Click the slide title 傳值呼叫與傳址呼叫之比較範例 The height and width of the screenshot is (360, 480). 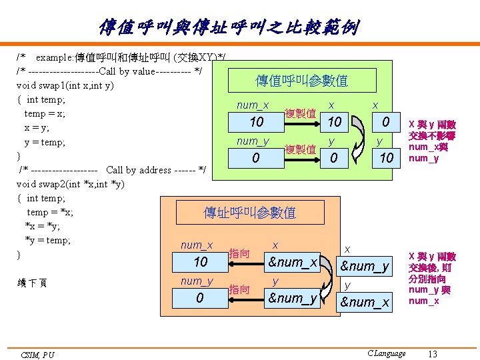click(x=229, y=27)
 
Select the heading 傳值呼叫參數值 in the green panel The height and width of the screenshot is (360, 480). click(x=302, y=81)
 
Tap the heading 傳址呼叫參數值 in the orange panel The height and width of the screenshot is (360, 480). click(x=249, y=213)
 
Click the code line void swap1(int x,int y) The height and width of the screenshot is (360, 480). click(x=65, y=85)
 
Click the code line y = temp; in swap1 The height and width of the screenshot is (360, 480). click(x=45, y=142)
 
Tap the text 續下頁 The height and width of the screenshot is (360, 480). click(x=33, y=283)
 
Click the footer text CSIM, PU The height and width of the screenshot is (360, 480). click(x=37, y=355)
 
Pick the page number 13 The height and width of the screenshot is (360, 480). click(x=433, y=353)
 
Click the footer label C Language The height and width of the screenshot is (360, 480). click(x=387, y=353)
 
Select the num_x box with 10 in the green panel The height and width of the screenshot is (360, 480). click(x=257, y=122)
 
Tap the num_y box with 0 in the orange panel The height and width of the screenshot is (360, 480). click(x=200, y=297)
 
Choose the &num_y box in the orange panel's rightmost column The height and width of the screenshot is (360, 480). click(x=365, y=267)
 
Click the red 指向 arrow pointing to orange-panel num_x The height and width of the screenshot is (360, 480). click(x=240, y=262)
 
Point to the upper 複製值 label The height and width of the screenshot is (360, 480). click(x=300, y=113)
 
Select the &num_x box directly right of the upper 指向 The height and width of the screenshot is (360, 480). click(x=292, y=262)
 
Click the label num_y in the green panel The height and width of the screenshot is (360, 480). click(x=253, y=141)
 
